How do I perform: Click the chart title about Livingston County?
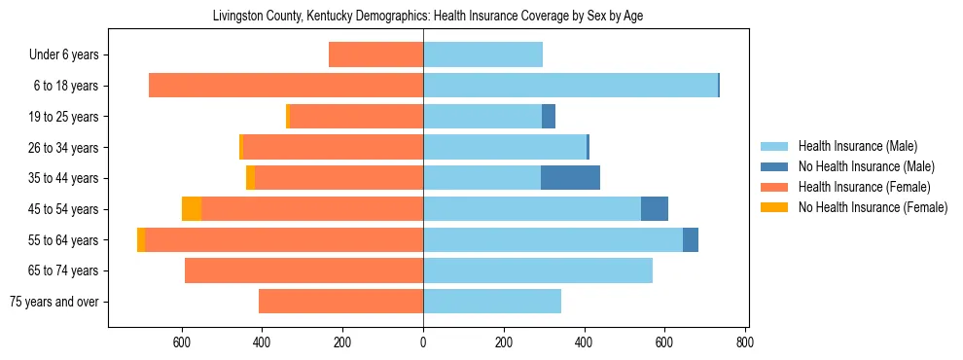click(x=427, y=16)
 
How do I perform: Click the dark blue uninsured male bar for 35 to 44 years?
click(x=570, y=178)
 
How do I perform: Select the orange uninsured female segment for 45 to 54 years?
click(x=192, y=209)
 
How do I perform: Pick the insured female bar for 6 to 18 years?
click(x=286, y=86)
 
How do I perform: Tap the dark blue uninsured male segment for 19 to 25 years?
click(x=549, y=117)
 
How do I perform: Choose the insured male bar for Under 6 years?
click(x=482, y=55)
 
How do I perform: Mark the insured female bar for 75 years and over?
click(x=340, y=302)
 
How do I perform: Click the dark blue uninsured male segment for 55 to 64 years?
click(x=691, y=239)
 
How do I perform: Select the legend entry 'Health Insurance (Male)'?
click(x=857, y=146)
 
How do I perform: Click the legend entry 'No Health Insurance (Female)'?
click(x=872, y=207)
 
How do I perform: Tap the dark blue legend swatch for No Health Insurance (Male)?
click(x=774, y=166)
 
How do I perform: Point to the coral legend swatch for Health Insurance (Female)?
click(x=774, y=187)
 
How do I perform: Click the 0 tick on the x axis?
click(x=423, y=342)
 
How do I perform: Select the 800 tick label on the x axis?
click(x=745, y=342)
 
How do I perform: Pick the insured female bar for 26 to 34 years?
click(x=333, y=147)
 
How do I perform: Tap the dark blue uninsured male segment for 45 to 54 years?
click(x=655, y=209)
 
